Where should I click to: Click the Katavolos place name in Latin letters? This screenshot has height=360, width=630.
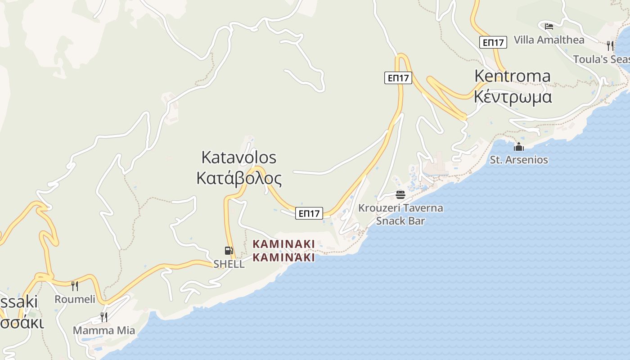238,157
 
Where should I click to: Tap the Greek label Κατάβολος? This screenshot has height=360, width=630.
239,179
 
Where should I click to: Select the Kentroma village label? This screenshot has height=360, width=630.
512,76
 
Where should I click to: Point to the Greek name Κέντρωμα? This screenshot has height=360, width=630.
513,97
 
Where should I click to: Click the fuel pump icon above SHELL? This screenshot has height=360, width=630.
229,251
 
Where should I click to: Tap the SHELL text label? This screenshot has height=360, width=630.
229,264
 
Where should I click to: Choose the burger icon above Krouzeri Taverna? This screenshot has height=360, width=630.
400,195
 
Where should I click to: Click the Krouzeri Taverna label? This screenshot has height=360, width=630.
400,208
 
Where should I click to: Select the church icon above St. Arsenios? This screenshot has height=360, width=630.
519,147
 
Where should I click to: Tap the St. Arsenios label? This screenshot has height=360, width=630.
519,160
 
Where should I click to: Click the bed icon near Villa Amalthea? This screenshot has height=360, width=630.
549,26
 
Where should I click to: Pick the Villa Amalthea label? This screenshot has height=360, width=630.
549,40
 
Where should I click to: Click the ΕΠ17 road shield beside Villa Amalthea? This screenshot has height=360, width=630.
493,42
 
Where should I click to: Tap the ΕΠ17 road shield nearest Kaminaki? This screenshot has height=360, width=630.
310,213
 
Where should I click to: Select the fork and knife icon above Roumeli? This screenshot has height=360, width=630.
75,286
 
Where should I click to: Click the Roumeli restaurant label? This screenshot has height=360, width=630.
75,299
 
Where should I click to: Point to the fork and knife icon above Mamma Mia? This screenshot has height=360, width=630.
103,317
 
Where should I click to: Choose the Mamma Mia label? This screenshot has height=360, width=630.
104,330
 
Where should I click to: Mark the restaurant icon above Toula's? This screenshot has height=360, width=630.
610,45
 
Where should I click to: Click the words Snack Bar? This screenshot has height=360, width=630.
400,220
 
